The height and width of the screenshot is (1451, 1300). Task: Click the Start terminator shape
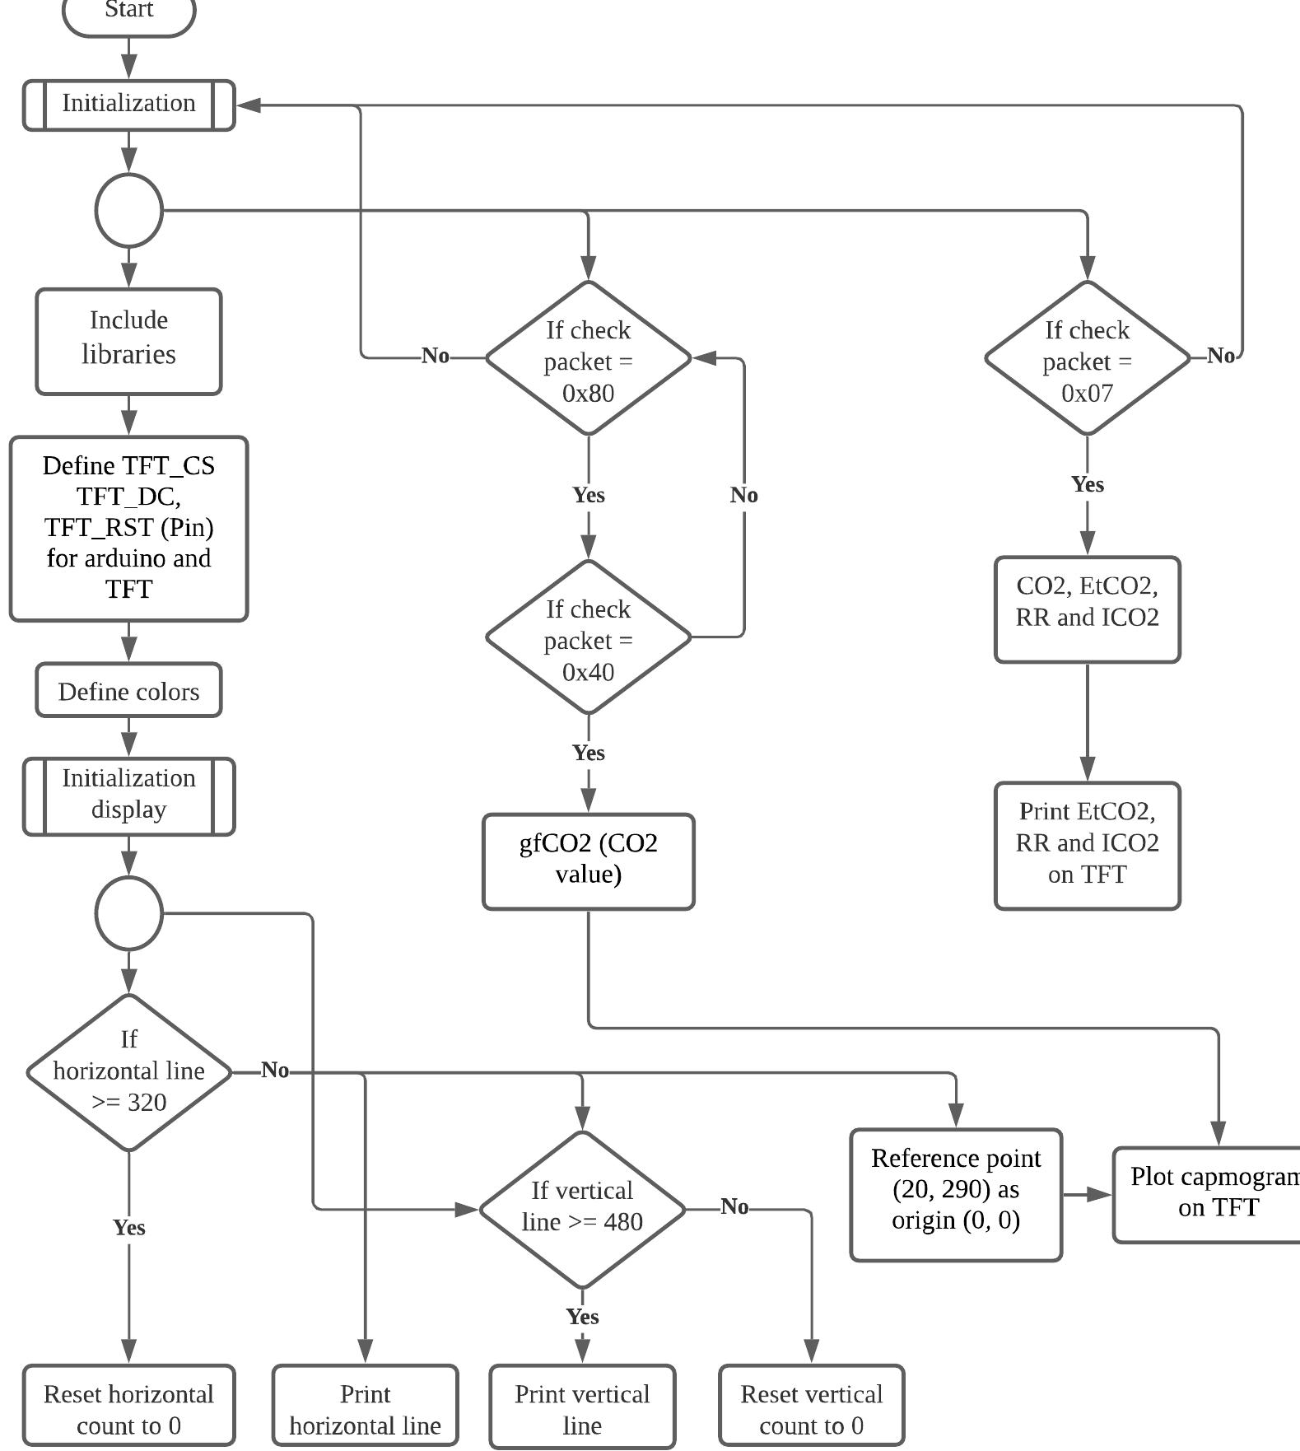[128, 14]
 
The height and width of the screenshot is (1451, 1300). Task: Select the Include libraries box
[128, 341]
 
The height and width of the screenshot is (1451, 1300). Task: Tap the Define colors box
[128, 690]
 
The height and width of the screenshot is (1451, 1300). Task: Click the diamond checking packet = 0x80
[588, 358]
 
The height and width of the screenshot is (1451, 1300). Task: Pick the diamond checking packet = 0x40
[588, 637]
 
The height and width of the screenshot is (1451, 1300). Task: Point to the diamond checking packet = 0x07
[1087, 358]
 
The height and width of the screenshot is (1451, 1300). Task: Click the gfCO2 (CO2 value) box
[588, 861]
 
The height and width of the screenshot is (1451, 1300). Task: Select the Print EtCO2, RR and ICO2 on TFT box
[1087, 845]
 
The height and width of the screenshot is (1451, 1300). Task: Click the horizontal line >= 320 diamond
[128, 1072]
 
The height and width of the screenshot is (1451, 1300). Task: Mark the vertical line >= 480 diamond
[582, 1209]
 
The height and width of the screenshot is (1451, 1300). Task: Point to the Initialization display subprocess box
[128, 795]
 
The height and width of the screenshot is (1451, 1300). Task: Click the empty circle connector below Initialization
[128, 210]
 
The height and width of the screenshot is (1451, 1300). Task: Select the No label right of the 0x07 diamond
[1220, 356]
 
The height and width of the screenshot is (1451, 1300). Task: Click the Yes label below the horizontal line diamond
[128, 1227]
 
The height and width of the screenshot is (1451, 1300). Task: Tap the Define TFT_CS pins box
[128, 528]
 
